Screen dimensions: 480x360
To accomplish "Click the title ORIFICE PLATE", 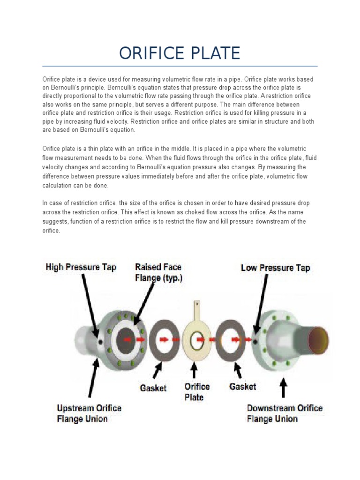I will [180, 53].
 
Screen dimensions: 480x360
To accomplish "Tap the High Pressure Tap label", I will [81, 267].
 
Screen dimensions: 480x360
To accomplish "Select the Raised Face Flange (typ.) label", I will [158, 272].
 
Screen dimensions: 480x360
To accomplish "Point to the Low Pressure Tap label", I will [275, 268].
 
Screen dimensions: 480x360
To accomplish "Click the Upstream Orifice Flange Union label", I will [89, 413].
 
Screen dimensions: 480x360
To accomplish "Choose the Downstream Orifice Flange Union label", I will [285, 413].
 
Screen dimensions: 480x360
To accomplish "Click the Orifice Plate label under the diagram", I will [197, 392].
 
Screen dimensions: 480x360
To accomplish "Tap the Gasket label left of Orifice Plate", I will [153, 388].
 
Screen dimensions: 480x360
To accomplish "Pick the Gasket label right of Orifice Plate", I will [242, 386].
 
